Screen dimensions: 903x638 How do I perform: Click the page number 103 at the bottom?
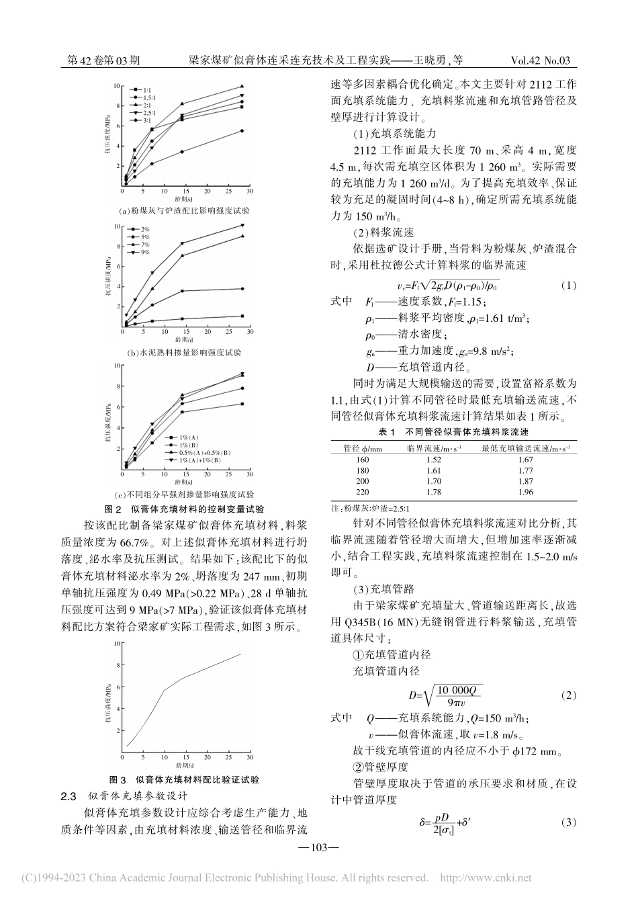(319, 848)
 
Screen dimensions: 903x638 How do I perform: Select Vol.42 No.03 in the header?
(540, 60)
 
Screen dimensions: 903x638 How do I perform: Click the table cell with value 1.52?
(435, 459)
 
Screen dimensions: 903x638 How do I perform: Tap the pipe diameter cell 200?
(362, 481)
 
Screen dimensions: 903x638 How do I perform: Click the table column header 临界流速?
(434, 447)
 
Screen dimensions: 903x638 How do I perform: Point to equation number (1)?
(567, 285)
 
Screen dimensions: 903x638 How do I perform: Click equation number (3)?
(567, 822)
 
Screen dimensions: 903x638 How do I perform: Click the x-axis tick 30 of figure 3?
(249, 757)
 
